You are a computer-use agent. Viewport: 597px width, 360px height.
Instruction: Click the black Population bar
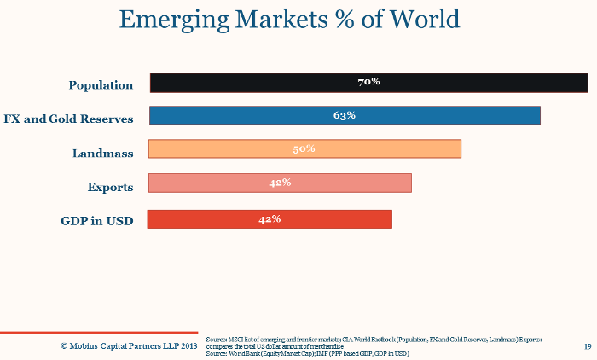click(x=256, y=82)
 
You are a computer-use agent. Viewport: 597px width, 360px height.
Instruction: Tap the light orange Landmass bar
click(x=222, y=148)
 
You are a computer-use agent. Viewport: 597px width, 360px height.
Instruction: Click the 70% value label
click(x=368, y=82)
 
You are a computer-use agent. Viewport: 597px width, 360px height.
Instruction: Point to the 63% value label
click(x=345, y=115)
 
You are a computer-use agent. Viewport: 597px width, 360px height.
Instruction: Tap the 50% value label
click(x=304, y=148)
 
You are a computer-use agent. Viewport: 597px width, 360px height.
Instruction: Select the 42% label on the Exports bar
click(x=280, y=183)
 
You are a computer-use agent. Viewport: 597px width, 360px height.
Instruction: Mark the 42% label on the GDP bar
click(x=270, y=219)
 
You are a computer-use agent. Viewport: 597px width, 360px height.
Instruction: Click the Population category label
click(x=101, y=85)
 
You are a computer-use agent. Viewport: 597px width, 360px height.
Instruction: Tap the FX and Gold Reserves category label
click(x=69, y=119)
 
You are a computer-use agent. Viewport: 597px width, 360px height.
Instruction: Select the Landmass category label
click(x=102, y=153)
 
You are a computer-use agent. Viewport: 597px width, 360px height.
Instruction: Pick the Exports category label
click(x=110, y=187)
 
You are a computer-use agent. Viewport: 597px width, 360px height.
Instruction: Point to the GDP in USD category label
click(x=97, y=221)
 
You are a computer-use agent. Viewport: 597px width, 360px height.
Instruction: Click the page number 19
click(x=588, y=346)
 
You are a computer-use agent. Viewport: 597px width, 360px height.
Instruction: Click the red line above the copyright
click(x=98, y=332)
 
